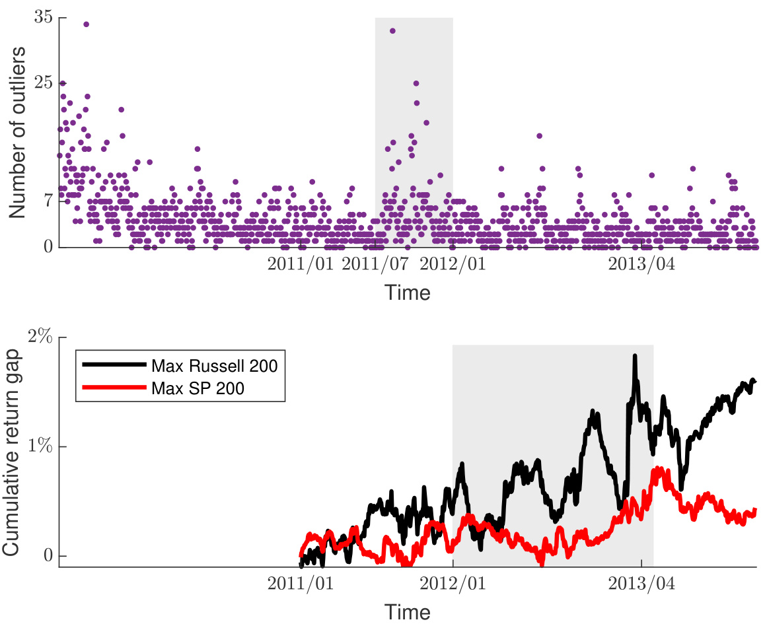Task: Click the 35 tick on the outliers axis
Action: [44, 18]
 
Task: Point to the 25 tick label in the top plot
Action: [44, 84]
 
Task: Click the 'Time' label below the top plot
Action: [408, 293]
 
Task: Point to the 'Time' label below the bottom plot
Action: [408, 611]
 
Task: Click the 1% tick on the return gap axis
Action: [40, 447]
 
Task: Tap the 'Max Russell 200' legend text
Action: [213, 365]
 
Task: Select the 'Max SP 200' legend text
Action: [198, 388]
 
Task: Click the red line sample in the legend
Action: [113, 388]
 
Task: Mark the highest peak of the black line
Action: [635, 356]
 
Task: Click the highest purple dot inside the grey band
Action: [392, 31]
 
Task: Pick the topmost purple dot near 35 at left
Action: [86, 24]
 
